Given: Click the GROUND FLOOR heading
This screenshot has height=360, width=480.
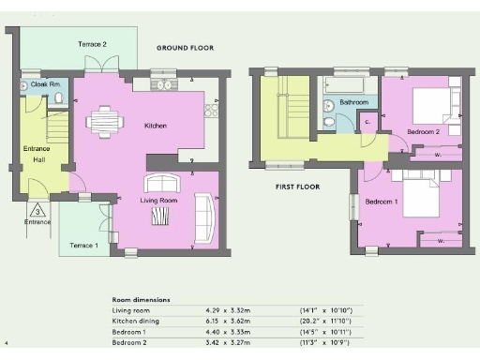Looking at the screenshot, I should click(x=185, y=47).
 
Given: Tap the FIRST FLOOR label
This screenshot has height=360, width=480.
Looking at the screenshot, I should click(x=297, y=187).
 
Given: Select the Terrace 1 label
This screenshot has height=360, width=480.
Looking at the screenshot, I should click(x=82, y=245).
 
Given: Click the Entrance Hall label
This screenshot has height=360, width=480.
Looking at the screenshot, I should click(x=36, y=155).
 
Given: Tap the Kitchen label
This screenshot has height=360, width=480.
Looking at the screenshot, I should click(x=155, y=125).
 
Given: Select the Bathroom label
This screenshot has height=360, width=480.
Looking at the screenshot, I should click(x=353, y=101).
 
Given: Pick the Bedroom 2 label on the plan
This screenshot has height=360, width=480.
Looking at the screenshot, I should click(x=424, y=132).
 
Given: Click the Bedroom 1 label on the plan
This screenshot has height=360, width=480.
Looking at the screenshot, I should click(x=382, y=202).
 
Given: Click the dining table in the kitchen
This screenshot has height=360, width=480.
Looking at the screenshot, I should click(x=103, y=120).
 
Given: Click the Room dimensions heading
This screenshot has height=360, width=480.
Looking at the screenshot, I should click(x=141, y=299).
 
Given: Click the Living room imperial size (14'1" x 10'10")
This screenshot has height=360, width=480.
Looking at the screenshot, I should click(x=324, y=309).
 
